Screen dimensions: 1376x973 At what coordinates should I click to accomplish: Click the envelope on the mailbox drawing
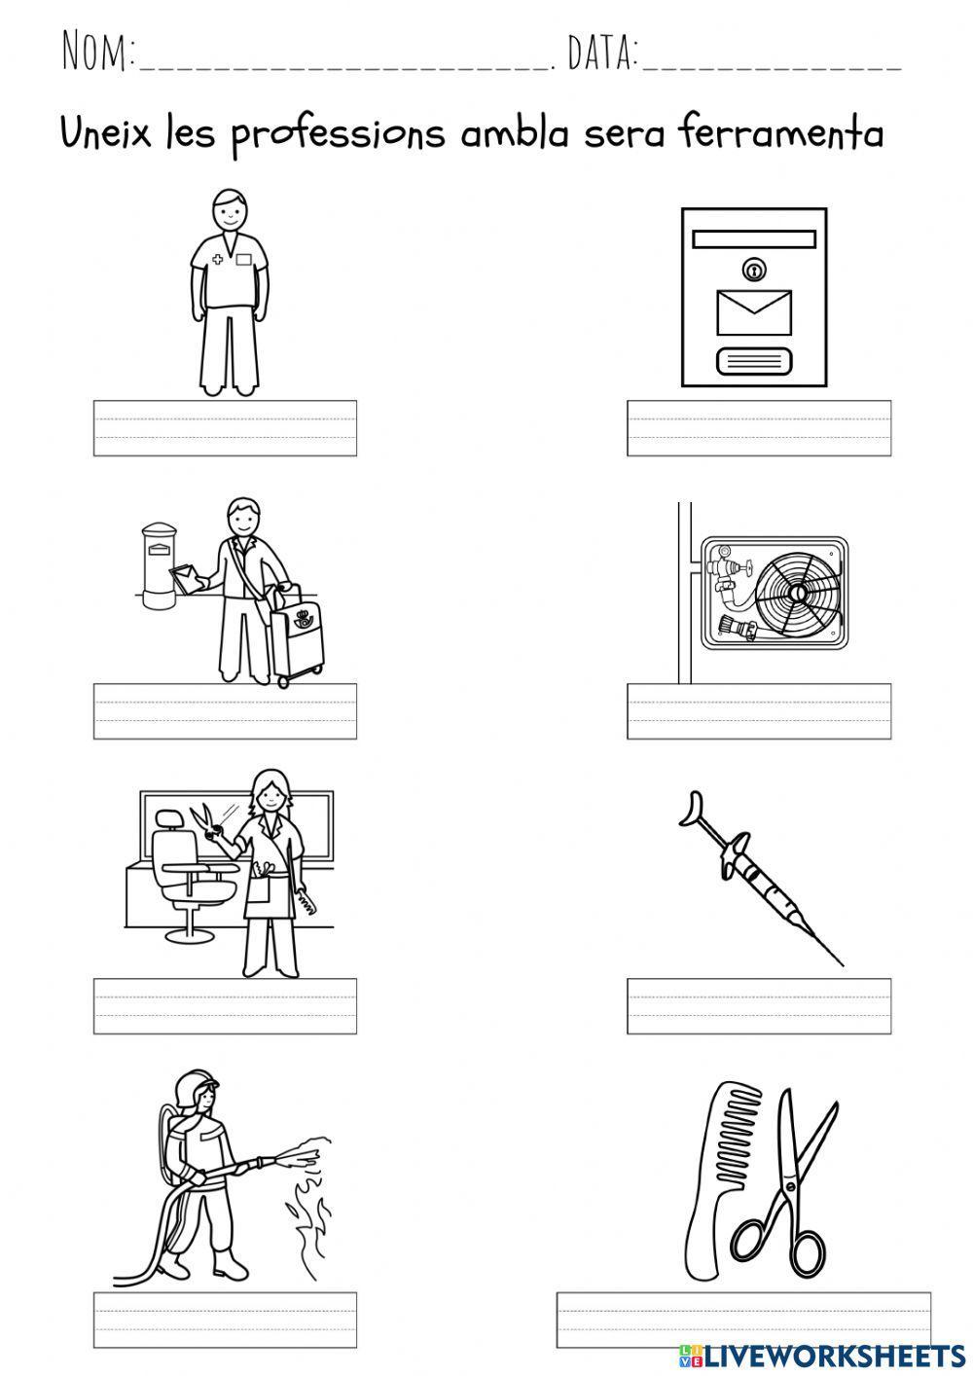tap(753, 311)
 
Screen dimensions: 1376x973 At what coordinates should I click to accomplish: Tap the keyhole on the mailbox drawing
tap(753, 269)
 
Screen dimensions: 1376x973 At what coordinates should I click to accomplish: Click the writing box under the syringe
tap(759, 1005)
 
